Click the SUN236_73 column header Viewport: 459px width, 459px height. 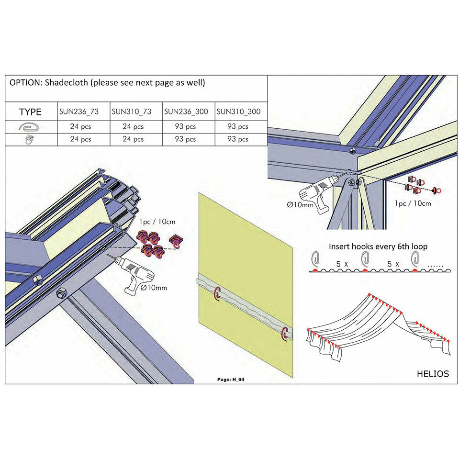click(79, 112)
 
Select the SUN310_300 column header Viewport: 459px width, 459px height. click(238, 112)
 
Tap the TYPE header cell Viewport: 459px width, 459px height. click(30, 112)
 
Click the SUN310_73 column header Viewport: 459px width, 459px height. click(132, 112)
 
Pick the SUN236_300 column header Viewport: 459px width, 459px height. click(186, 112)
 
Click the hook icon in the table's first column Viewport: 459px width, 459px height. click(29, 127)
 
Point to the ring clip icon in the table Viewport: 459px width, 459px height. click(29, 140)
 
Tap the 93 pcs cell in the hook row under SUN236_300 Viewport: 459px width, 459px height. click(185, 126)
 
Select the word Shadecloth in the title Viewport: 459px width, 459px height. click(66, 82)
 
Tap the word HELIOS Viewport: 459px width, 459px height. click(433, 374)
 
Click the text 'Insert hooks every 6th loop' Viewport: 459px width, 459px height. click(378, 246)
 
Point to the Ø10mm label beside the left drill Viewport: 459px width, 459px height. click(154, 288)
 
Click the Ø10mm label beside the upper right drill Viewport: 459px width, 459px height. click(301, 205)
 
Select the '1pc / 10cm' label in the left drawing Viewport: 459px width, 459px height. click(157, 222)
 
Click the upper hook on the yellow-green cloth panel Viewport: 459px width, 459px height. click(217, 293)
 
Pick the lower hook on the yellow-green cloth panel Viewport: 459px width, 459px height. click(284, 334)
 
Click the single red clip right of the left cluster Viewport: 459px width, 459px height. click(176, 241)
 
